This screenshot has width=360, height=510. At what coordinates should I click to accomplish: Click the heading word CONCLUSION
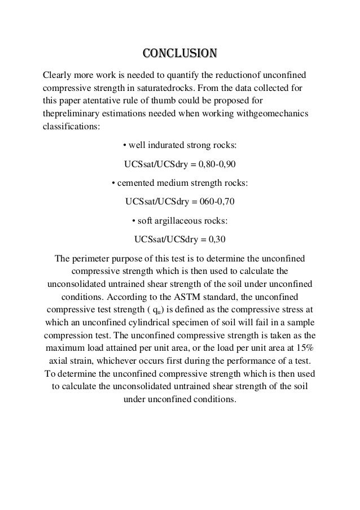pos(179,54)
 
